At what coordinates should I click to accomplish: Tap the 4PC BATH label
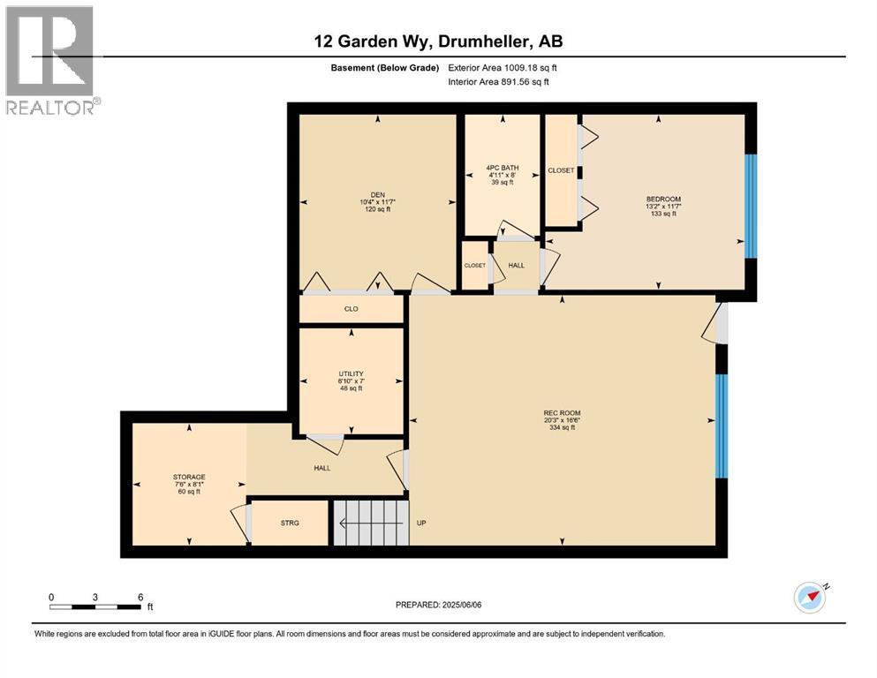coord(502,168)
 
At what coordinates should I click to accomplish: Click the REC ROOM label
coord(562,413)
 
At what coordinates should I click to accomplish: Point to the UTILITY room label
coord(351,373)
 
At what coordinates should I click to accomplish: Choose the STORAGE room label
coord(189,477)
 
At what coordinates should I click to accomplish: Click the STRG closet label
coord(290,523)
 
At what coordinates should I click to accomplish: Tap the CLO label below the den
coord(351,309)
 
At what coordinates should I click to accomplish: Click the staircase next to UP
coord(371,523)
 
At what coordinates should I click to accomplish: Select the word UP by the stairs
coord(421,523)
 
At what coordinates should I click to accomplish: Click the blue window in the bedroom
coord(751,206)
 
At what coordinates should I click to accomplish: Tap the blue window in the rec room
coord(721,426)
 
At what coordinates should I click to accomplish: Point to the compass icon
coord(810,598)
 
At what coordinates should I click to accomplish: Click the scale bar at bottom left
coord(95,606)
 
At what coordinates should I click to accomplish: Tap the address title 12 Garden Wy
coord(438,41)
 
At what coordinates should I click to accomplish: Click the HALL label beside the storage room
coord(322,468)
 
